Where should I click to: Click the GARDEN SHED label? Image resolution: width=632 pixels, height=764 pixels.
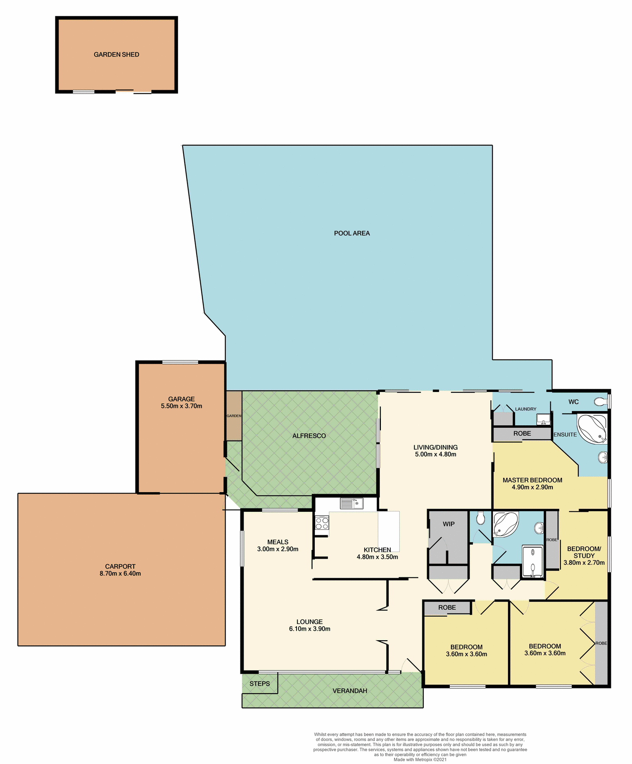point(116,55)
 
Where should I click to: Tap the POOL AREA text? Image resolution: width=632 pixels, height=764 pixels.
point(351,233)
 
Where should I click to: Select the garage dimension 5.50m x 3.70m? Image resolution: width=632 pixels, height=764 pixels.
point(181,406)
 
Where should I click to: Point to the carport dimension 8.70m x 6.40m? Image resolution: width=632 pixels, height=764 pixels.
point(120,573)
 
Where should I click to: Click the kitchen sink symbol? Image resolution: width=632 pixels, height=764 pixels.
point(351,503)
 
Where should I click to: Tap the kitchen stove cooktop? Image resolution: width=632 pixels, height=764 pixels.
point(322,523)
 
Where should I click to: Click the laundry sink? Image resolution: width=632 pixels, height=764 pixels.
point(543,419)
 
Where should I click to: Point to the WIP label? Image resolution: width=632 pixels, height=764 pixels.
point(449,524)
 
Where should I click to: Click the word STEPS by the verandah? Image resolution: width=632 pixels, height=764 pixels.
point(259,684)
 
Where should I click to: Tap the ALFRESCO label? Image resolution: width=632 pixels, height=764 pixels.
point(309,436)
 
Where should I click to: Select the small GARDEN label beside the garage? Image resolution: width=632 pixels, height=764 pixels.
point(234,416)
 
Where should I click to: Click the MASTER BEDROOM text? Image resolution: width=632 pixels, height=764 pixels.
point(532,480)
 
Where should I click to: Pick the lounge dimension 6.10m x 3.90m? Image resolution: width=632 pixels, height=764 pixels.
point(310,629)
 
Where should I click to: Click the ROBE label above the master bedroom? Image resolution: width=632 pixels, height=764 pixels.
point(522,433)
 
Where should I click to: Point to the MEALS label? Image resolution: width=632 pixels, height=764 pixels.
point(277,542)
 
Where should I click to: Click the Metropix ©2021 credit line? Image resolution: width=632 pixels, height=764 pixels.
point(420,760)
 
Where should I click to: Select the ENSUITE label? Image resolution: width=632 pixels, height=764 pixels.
point(565,435)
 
